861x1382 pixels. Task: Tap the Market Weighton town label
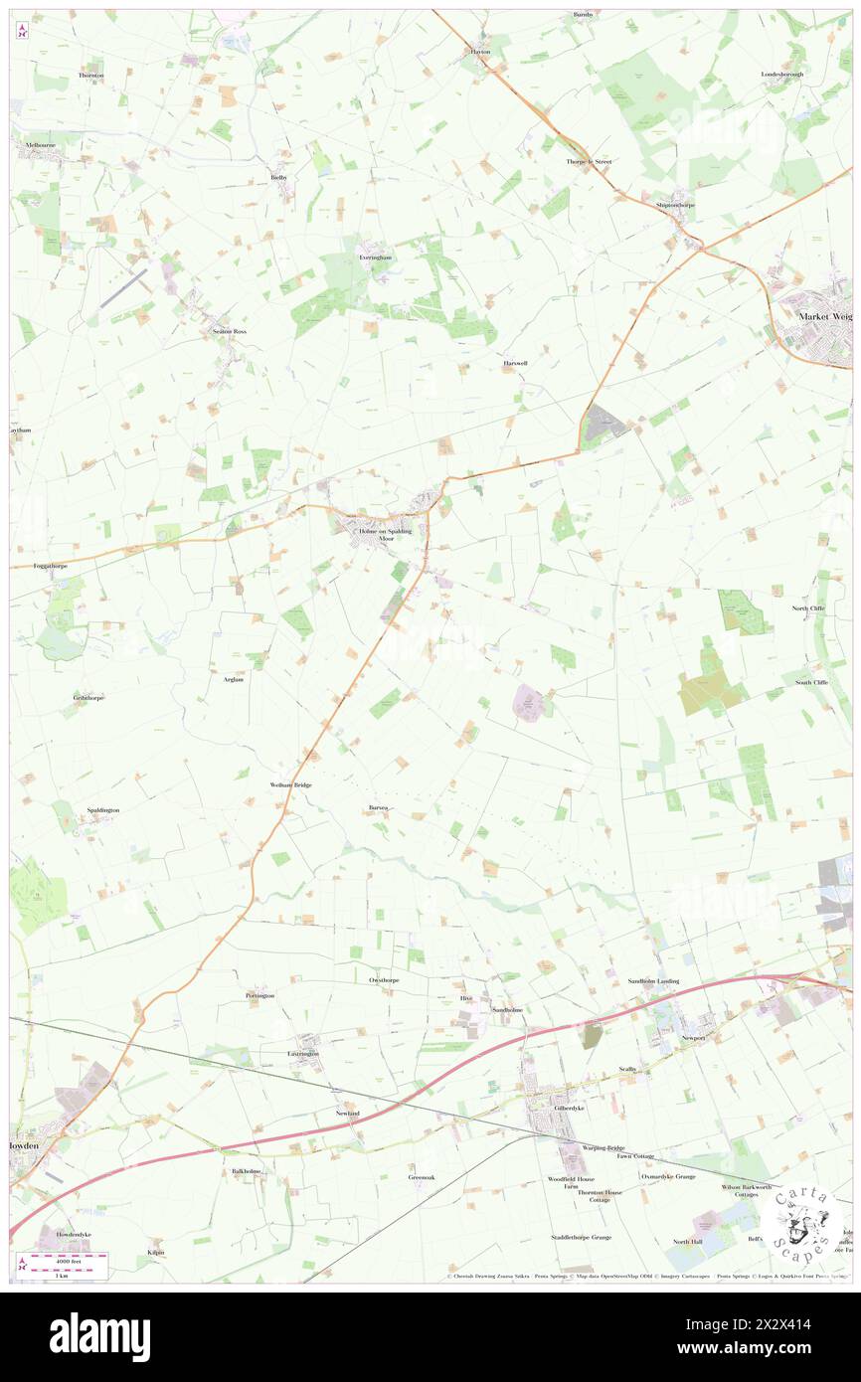[826, 316]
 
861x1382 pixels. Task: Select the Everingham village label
[375, 258]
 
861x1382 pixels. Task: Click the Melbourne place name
[40, 145]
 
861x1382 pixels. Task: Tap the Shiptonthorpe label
[675, 205]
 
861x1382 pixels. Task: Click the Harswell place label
[515, 363]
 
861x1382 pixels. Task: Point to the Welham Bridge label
[290, 785]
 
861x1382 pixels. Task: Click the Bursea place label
[377, 807]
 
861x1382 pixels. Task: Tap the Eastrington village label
[303, 1053]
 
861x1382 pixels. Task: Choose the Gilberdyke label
[555, 1108]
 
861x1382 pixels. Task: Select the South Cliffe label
[810, 682]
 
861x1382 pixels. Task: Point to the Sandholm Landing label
[653, 981]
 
